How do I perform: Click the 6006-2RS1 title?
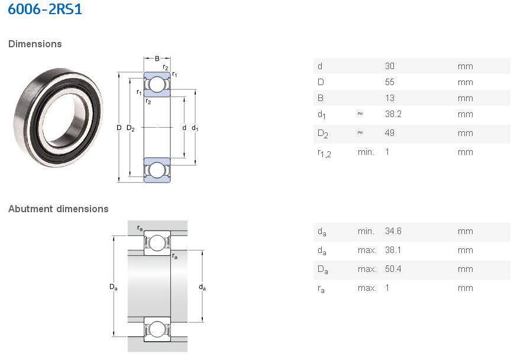point(45,9)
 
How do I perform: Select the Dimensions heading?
point(35,44)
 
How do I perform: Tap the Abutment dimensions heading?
point(59,209)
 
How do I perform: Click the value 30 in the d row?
point(390,66)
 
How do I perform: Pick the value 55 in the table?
point(390,82)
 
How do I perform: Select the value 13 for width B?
point(390,98)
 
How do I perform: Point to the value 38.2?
point(393,114)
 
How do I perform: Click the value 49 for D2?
point(390,133)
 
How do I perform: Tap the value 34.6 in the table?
point(393,231)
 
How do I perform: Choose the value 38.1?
point(393,250)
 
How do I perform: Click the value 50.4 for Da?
point(393,269)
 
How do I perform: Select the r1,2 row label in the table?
point(324,153)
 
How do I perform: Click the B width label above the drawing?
point(157,59)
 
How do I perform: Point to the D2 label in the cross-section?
point(130,128)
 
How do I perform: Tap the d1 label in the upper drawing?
point(195,128)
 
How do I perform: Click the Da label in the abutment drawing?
point(113,287)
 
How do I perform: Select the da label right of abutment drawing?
point(202,287)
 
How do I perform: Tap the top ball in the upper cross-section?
point(157,85)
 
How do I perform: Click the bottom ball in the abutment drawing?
point(157,329)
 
